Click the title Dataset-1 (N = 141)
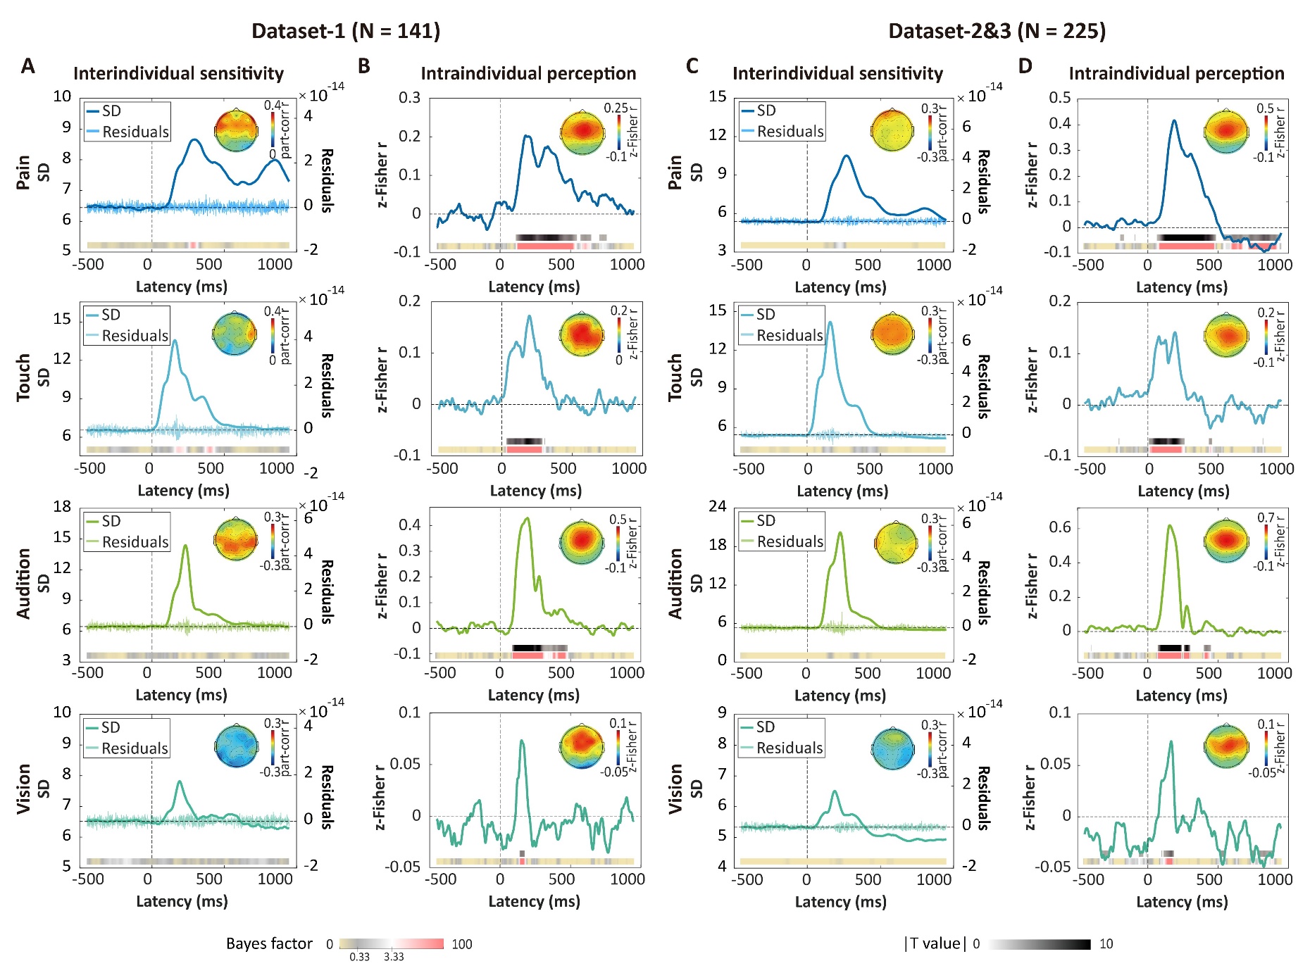345,31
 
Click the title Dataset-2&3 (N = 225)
997,31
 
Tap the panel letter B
364,66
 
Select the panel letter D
1025,66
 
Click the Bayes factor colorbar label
269,943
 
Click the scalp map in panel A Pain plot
235,130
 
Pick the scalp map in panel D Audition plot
1226,541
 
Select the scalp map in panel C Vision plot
892,748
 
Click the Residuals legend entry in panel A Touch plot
135,336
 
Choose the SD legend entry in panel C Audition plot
765,521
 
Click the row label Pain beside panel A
23,172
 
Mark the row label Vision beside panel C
675,789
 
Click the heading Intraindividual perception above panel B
528,74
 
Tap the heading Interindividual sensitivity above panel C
837,74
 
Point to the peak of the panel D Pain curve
1174,121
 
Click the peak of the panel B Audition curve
526,519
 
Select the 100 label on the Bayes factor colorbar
462,944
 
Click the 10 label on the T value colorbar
1106,944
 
